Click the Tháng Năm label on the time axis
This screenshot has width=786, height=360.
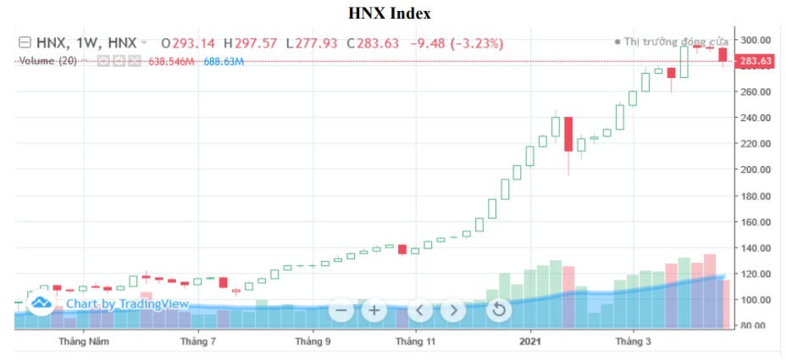point(84,342)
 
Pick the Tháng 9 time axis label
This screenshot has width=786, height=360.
point(312,342)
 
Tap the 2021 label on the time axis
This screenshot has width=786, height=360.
point(530,342)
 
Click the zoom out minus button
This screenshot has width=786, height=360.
point(342,310)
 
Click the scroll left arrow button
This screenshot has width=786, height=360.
point(420,310)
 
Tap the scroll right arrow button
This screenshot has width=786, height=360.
point(453,310)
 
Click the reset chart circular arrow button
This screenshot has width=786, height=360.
point(499,310)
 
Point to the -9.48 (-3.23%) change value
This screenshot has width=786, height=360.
point(457,42)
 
